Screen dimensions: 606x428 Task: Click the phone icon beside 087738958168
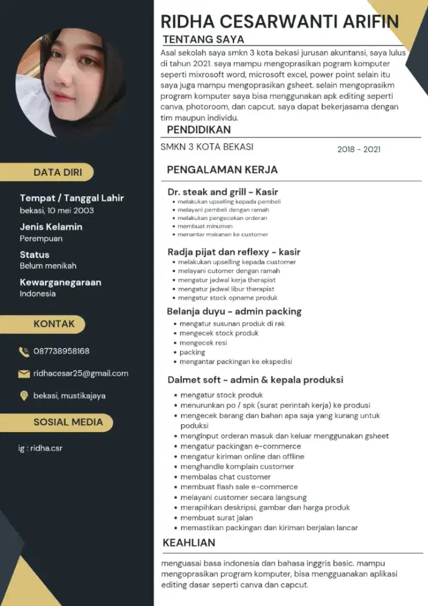tap(24, 351)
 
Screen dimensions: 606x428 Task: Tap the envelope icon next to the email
tap(24, 374)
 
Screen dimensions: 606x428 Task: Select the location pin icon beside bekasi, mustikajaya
tap(24, 396)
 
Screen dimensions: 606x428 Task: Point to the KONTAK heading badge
tap(54, 324)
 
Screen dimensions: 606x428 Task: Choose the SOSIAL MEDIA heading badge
tap(68, 422)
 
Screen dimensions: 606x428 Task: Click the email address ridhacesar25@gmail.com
tap(81, 373)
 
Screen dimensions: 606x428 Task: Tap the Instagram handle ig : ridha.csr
tap(40, 448)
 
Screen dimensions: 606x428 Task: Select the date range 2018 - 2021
tap(359, 149)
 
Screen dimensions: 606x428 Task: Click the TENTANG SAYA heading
tap(204, 39)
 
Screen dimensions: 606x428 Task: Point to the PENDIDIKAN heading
tap(199, 130)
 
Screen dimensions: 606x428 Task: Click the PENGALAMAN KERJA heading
tap(222, 170)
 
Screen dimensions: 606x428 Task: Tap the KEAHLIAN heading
tap(189, 542)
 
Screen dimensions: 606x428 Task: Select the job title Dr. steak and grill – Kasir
tap(222, 191)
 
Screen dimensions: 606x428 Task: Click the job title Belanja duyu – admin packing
tap(234, 311)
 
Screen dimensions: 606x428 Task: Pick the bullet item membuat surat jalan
tap(216, 518)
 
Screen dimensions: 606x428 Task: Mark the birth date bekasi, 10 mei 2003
tap(56, 211)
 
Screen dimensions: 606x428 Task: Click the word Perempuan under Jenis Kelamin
tap(41, 239)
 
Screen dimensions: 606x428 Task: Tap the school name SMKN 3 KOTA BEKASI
tap(207, 147)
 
